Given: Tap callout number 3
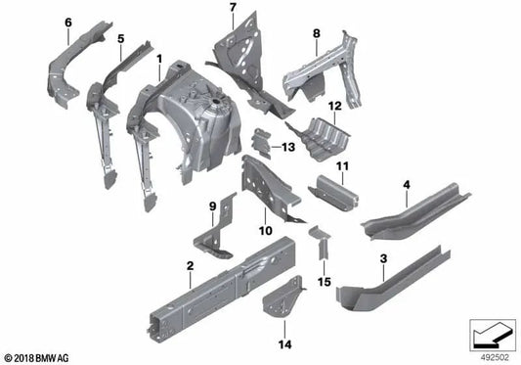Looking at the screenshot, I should (x=383, y=259).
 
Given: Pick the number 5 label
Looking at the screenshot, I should (x=120, y=40).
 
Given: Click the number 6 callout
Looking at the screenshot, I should (x=67, y=22).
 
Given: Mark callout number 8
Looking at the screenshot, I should (x=316, y=34).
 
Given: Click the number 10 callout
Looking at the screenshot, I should (x=263, y=231).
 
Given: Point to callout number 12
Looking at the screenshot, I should (x=333, y=105).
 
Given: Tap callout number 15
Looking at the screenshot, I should (x=325, y=283).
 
